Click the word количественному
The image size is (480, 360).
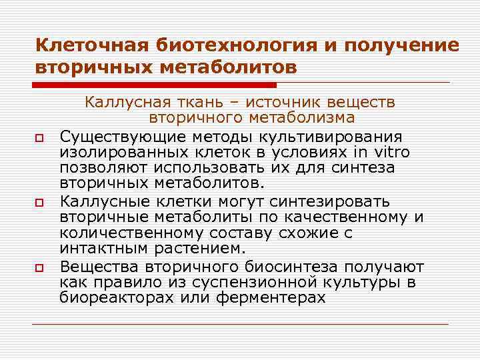(125, 233)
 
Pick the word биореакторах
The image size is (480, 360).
(117, 298)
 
